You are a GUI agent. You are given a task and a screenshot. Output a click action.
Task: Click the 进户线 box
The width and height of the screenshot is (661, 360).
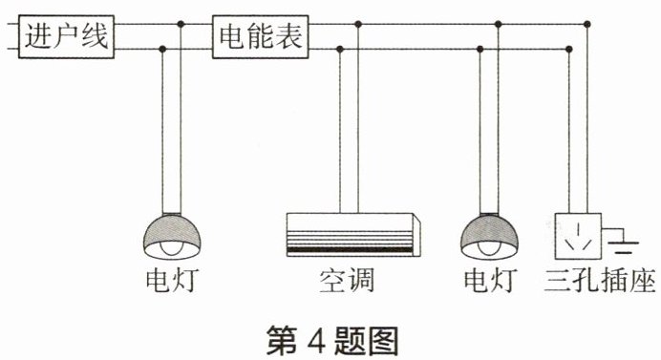pyautogui.click(x=66, y=36)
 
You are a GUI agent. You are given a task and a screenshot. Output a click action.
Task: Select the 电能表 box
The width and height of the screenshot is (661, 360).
pyautogui.click(x=260, y=36)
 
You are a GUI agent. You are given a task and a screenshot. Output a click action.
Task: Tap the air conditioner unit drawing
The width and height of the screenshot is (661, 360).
pyautogui.click(x=353, y=235)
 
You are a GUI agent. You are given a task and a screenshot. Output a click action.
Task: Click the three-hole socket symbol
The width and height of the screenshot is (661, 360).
pyautogui.click(x=578, y=236)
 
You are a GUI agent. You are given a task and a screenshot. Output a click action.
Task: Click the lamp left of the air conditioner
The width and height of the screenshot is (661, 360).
pyautogui.click(x=172, y=236)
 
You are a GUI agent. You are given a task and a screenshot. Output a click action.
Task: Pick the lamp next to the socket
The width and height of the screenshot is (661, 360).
pyautogui.click(x=489, y=236)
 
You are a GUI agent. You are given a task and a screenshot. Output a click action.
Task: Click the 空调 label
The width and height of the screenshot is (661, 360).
pyautogui.click(x=347, y=281)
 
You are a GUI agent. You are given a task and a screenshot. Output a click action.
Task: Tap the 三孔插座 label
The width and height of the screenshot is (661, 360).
pyautogui.click(x=600, y=281)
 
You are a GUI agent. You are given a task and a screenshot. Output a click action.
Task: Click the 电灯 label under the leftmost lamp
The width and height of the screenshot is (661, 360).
pyautogui.click(x=172, y=281)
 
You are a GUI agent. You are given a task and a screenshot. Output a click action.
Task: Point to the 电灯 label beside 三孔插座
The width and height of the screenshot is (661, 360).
pyautogui.click(x=490, y=281)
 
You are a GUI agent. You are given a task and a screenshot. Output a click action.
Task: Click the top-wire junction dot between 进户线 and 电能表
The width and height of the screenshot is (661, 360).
pyautogui.click(x=181, y=24)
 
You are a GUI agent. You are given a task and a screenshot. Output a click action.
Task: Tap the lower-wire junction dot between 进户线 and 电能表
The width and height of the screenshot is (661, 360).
pyautogui.click(x=162, y=50)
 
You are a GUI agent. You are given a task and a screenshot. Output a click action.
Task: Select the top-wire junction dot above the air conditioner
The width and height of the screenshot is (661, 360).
pyautogui.click(x=358, y=24)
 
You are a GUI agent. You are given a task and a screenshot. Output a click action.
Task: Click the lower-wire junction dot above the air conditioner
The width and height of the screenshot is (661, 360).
pyautogui.click(x=340, y=50)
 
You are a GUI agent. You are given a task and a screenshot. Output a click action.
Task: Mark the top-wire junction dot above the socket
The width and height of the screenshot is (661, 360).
pyautogui.click(x=587, y=24)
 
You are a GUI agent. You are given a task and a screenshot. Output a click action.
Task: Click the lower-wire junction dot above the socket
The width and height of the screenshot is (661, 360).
pyautogui.click(x=568, y=50)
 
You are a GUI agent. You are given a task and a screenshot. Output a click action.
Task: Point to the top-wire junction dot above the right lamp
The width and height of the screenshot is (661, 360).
pyautogui.click(x=498, y=24)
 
